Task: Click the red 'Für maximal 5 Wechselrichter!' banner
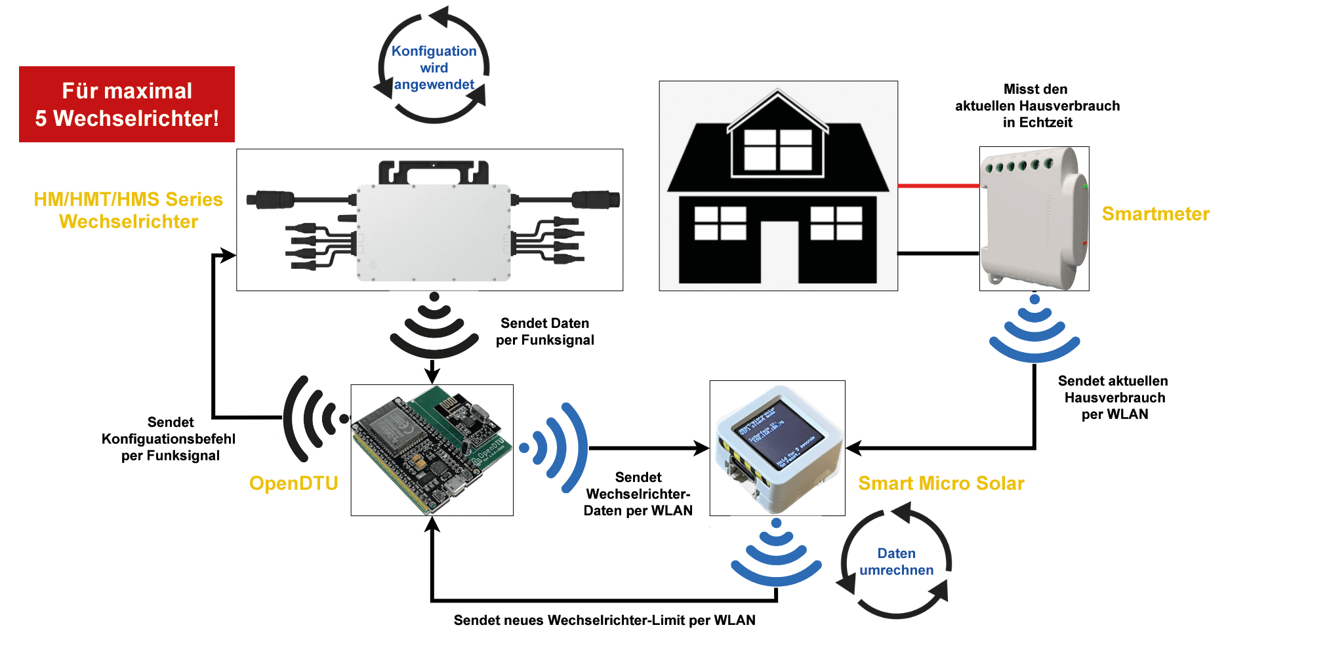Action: [127, 104]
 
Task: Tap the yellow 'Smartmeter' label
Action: [1155, 214]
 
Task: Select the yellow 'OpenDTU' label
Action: [293, 483]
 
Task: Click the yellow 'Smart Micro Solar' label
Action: [941, 483]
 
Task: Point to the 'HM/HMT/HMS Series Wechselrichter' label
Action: [129, 210]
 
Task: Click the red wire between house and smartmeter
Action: [938, 186]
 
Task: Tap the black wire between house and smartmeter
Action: [938, 253]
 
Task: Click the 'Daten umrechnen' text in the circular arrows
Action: [896, 562]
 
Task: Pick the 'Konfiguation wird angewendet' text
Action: [434, 68]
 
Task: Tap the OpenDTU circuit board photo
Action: [432, 450]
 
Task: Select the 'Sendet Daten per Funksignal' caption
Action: [544, 332]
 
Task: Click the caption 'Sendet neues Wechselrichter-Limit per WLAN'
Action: [604, 620]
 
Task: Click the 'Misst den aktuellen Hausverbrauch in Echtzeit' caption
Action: [1037, 106]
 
